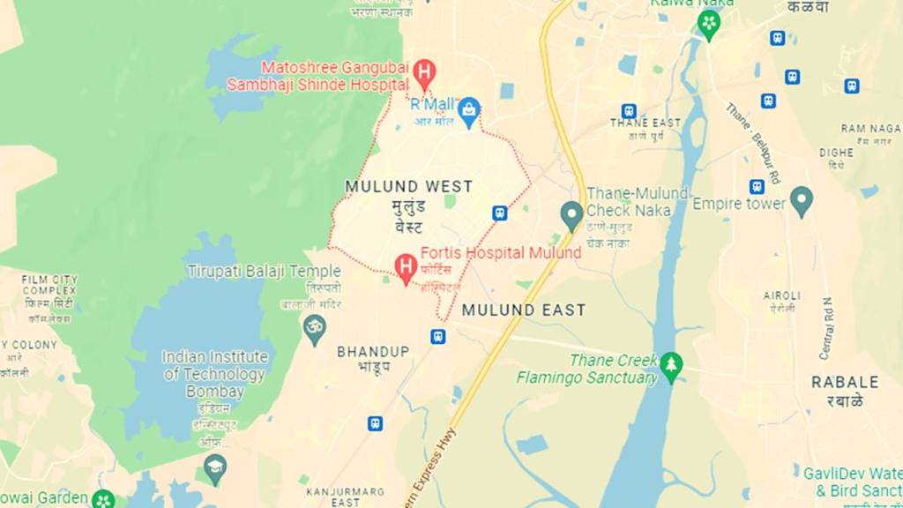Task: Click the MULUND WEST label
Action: [x=408, y=187]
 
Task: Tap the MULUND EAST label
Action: [x=524, y=310]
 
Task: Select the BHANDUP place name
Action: [x=373, y=351]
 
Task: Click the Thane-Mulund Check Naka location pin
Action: [x=571, y=213]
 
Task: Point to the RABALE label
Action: [x=845, y=382]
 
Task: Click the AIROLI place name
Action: [x=782, y=295]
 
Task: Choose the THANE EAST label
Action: [x=646, y=123]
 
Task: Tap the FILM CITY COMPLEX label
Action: [x=49, y=284]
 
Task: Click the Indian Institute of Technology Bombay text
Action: [x=215, y=373]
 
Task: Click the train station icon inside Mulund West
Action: [x=499, y=213]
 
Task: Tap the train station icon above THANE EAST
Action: [x=628, y=111]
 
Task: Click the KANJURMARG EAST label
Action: [x=333, y=496]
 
